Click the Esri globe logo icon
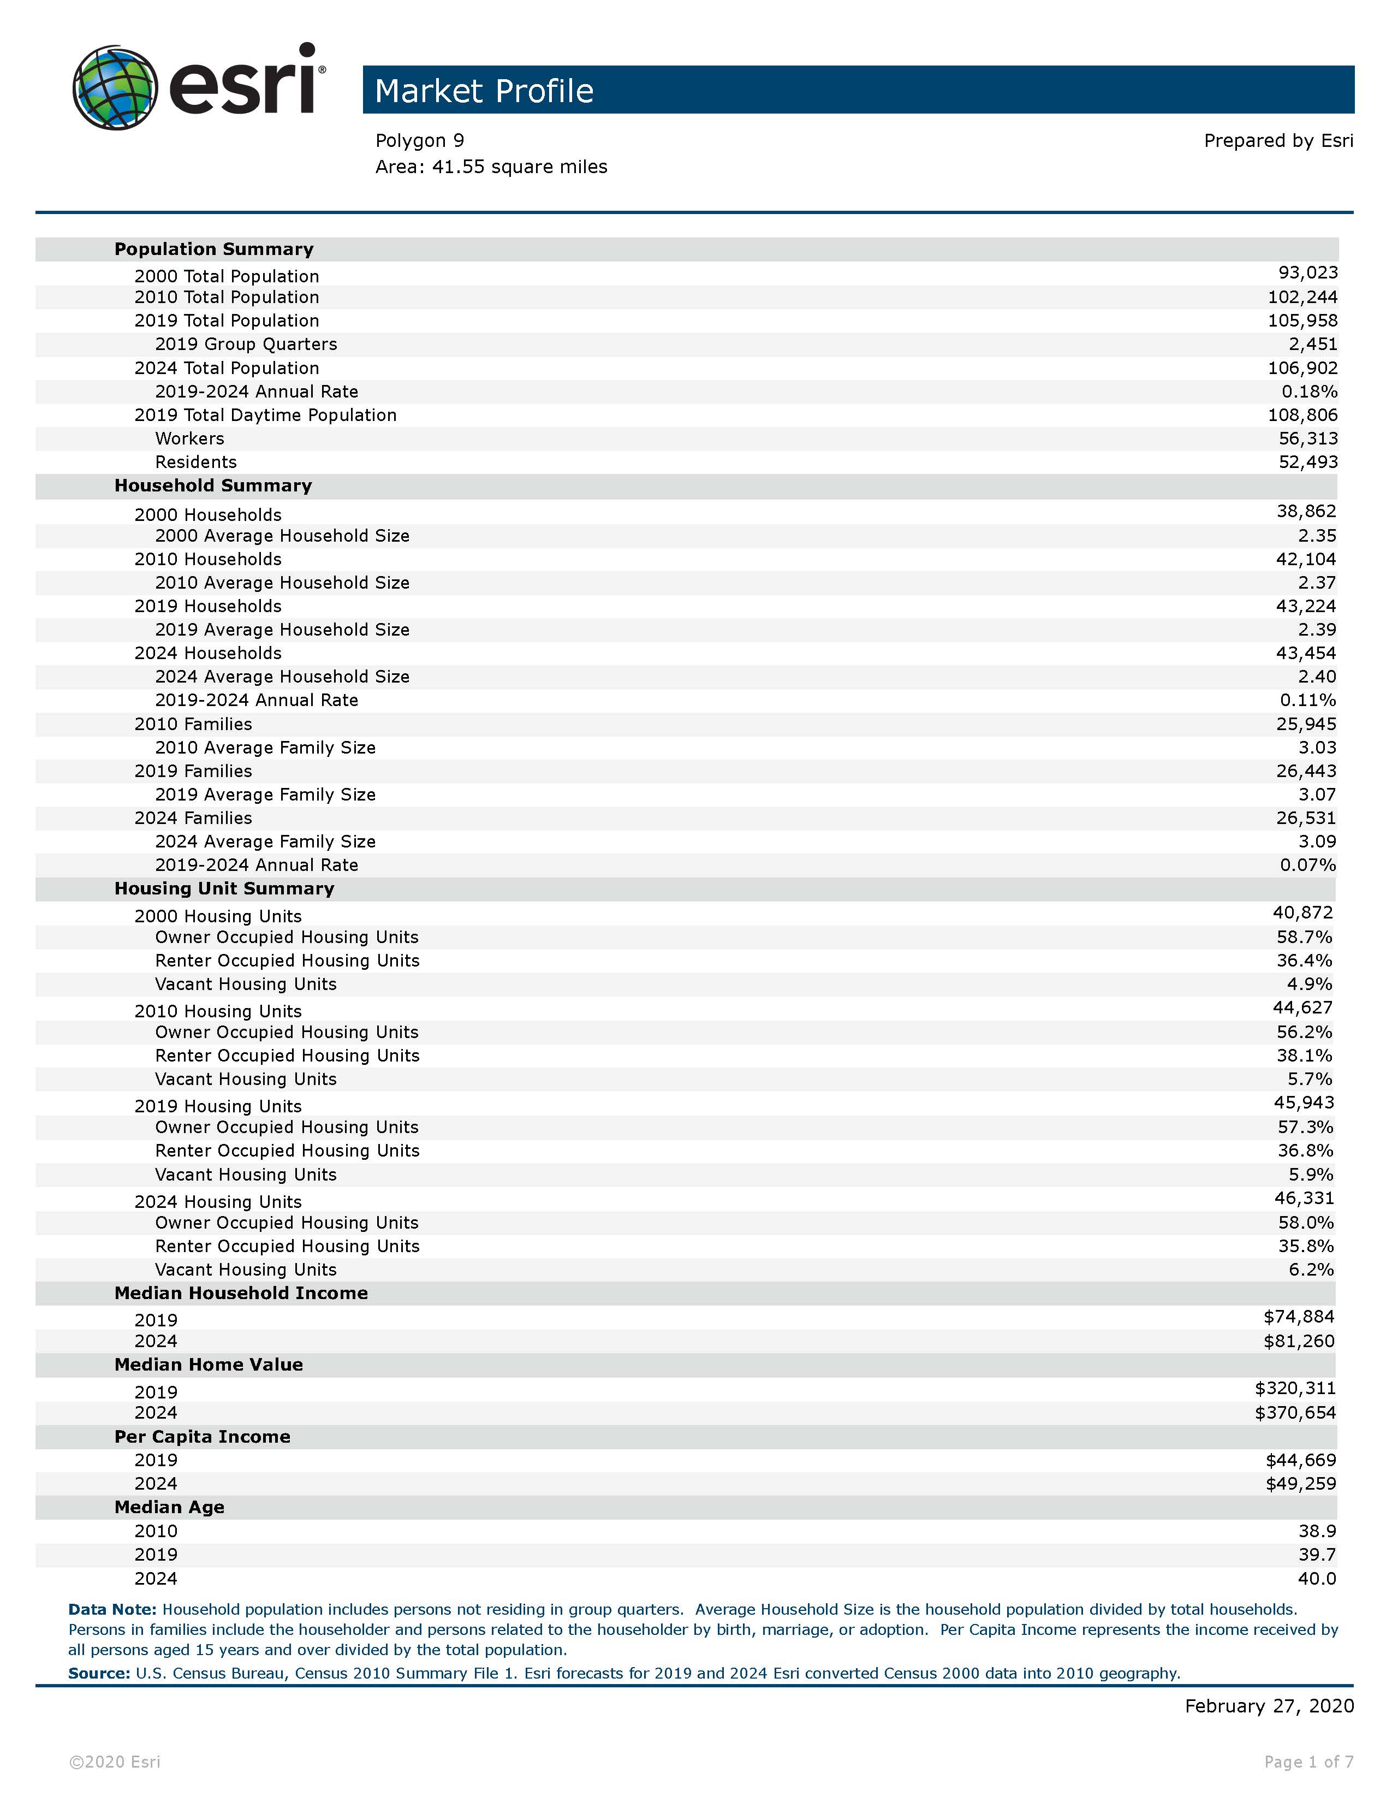click(115, 87)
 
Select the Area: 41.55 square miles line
click(491, 167)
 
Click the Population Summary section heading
click(213, 249)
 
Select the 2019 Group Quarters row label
click(246, 344)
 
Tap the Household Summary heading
click(213, 486)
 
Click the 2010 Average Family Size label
click(265, 748)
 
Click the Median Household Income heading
click(241, 1294)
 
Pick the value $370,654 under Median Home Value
click(1295, 1413)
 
